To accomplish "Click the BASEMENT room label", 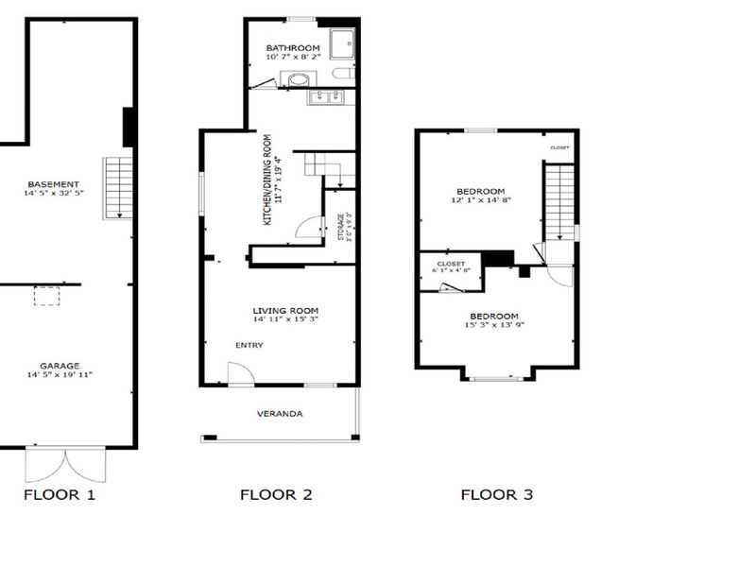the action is (x=54, y=184).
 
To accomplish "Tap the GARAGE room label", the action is (x=60, y=366).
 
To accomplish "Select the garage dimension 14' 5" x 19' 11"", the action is (x=60, y=374).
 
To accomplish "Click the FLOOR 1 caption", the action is (x=60, y=494).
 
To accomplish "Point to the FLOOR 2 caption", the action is (x=276, y=494).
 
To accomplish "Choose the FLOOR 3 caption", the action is (x=497, y=494).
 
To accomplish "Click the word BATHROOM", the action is (x=293, y=48).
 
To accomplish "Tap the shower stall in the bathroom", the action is (x=343, y=43).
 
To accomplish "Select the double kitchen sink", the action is (x=325, y=97).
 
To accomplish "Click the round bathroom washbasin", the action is (x=299, y=79).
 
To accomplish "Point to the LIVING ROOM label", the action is (x=285, y=311).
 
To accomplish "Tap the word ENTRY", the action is (x=249, y=345).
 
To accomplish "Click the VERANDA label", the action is (x=280, y=414).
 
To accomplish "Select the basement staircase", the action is (x=118, y=188).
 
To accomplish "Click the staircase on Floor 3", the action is (x=559, y=201).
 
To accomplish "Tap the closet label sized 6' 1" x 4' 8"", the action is (x=452, y=267).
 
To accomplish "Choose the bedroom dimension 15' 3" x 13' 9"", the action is (x=494, y=325).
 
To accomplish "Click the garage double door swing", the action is (x=65, y=464).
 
